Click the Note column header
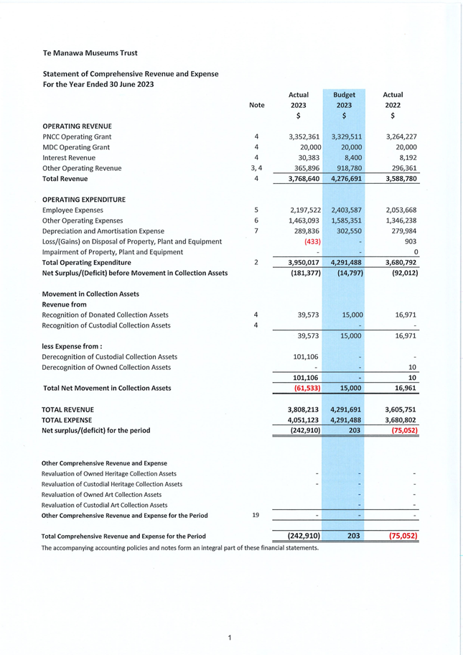tap(256, 105)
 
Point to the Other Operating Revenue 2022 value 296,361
tap(401, 168)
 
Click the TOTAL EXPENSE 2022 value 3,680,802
tap(401, 419)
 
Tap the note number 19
tap(256, 515)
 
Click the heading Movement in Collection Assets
tap(90, 294)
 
